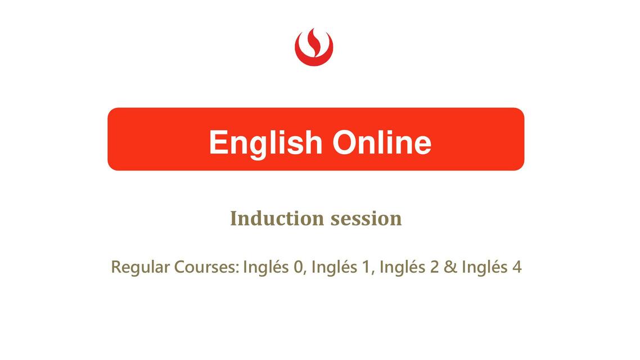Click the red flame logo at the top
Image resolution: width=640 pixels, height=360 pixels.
314,47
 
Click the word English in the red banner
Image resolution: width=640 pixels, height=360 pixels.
265,143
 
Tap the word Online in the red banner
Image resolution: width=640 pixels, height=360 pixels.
382,142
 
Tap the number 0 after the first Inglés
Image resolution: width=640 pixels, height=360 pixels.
298,267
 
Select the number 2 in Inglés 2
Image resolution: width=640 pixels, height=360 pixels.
434,267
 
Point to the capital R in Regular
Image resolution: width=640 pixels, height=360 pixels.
116,267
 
